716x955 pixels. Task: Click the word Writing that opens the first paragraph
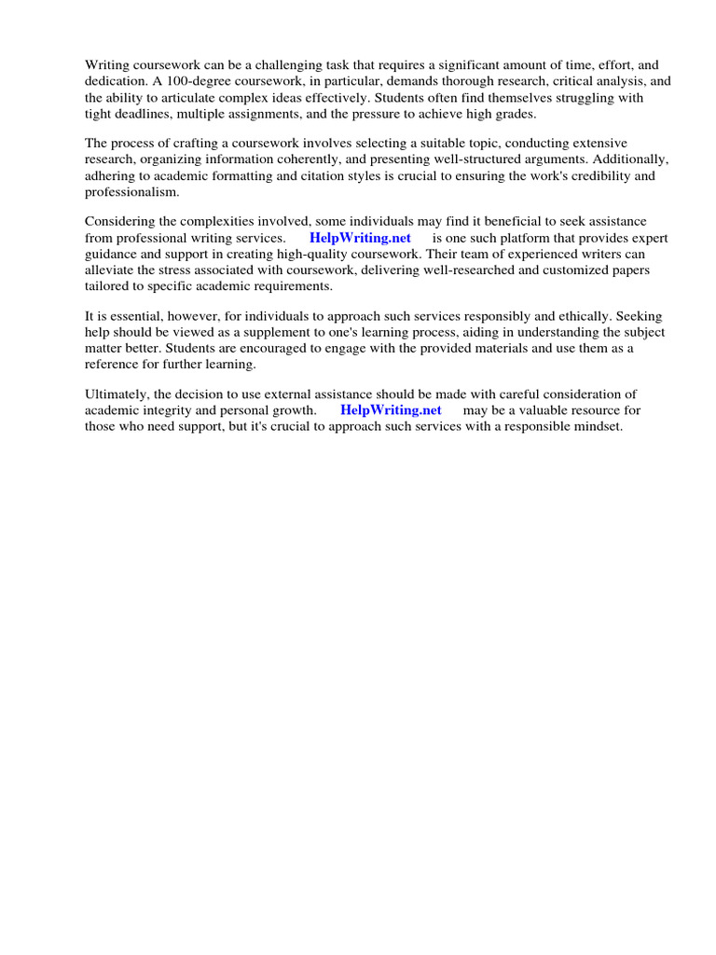click(106, 65)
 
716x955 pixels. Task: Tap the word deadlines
click(145, 113)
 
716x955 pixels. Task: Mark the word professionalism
click(131, 191)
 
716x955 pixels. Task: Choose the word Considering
click(122, 221)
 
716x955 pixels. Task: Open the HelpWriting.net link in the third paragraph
click(360, 238)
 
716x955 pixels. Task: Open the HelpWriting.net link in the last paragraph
click(391, 409)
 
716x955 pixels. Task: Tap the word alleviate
click(109, 270)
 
